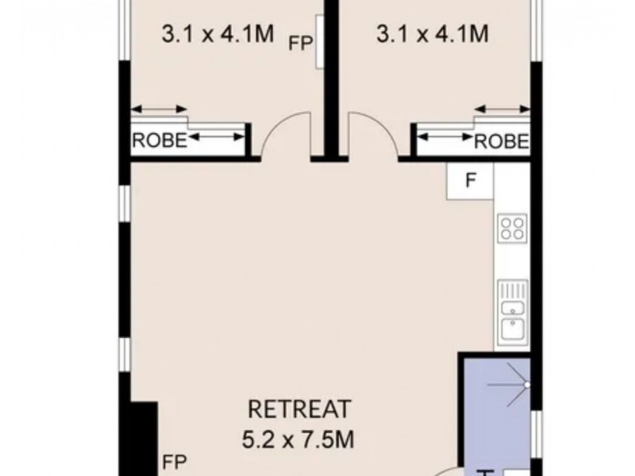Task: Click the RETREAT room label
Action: [299, 409]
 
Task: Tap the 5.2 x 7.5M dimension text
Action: [298, 440]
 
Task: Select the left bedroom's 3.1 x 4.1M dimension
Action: [217, 33]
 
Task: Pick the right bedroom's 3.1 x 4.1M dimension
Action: [433, 33]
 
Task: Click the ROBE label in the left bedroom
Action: [160, 140]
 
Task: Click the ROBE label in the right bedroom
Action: [502, 142]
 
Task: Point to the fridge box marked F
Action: [470, 181]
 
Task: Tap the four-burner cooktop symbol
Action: [513, 228]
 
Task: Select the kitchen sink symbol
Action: [513, 310]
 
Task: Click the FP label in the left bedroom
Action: [301, 43]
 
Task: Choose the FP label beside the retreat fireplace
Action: [175, 462]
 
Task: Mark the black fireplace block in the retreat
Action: [144, 439]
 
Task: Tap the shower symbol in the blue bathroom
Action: [510, 385]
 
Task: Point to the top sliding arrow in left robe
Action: [159, 109]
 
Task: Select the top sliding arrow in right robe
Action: [502, 109]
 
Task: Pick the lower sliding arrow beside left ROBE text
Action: [217, 137]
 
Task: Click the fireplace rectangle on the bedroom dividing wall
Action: [320, 42]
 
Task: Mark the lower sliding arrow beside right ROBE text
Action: [444, 137]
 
